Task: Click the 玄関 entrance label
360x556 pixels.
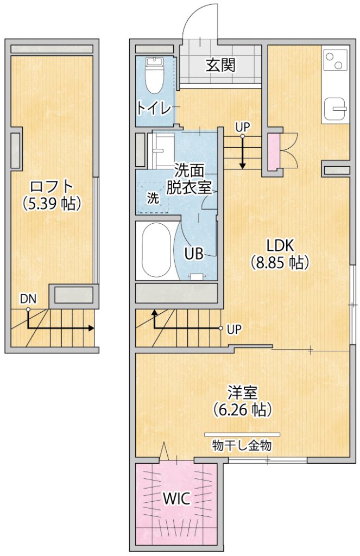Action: click(220, 65)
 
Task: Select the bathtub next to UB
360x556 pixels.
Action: click(156, 250)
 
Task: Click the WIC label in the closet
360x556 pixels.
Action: click(176, 499)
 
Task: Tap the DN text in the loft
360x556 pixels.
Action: click(28, 299)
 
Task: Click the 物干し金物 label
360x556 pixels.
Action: click(242, 445)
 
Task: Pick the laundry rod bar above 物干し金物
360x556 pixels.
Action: click(242, 434)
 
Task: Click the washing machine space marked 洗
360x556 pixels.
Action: click(153, 198)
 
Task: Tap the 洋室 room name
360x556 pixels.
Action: click(243, 393)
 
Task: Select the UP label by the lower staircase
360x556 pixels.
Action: click(234, 330)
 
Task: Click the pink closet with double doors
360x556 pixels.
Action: click(274, 152)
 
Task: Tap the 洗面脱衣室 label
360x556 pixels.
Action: click(189, 179)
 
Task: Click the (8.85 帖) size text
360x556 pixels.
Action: click(280, 262)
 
